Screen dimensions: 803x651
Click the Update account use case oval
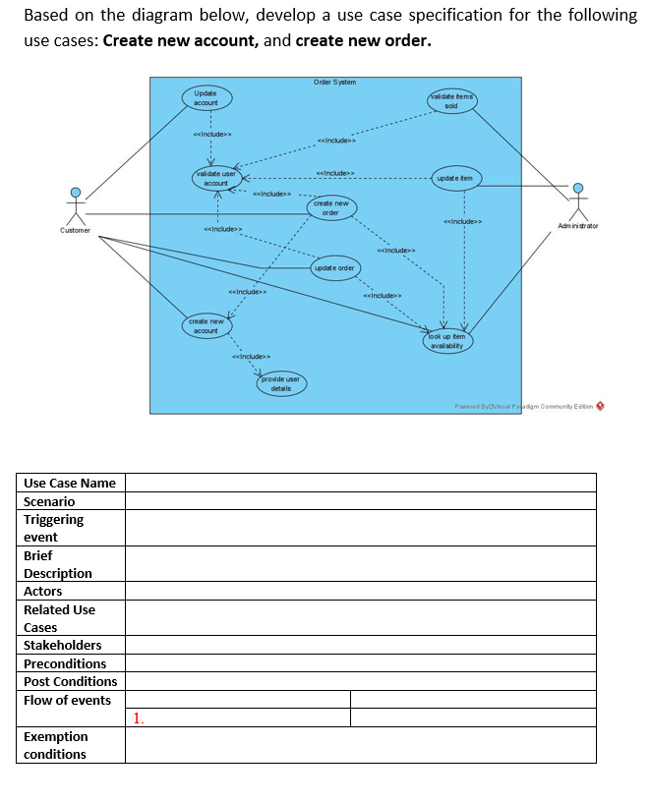206,98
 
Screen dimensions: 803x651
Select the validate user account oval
215,178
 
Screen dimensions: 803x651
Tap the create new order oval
330,207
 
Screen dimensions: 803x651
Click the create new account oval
206,325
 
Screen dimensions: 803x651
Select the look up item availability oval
448,340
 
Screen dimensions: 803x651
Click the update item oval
454,178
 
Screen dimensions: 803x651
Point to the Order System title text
334,82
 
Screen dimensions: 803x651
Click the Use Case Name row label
70,483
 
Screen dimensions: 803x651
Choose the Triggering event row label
54,528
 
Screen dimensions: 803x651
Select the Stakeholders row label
63,645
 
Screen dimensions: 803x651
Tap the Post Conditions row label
70,681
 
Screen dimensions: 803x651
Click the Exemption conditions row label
55,745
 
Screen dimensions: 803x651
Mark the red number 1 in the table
138,718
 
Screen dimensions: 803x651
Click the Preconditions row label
65,663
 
